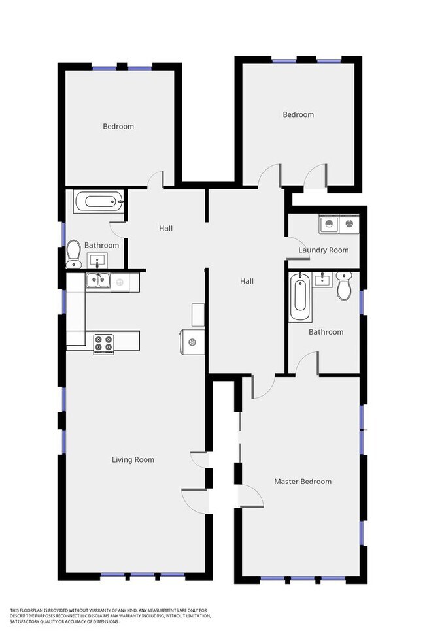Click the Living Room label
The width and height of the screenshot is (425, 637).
pos(133,460)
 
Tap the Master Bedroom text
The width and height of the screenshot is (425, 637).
pos(302,482)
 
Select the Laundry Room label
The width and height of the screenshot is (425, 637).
pos(323,250)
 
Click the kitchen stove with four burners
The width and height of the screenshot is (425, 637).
pos(104,343)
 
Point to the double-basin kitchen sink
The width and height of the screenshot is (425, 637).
pos(99,282)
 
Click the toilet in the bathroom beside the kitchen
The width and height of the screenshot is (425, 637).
pos(73,252)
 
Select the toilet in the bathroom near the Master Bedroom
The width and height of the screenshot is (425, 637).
pos(344,286)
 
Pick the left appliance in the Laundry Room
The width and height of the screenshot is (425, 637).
pos(328,224)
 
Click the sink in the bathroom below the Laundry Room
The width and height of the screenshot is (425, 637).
pos(322,280)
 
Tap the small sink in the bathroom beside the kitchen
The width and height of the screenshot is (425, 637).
pos(99,262)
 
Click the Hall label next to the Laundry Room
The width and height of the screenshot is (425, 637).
pos(246,281)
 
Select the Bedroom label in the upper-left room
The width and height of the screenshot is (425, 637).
pos(118,126)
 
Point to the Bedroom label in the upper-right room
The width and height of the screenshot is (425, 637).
pos(298,114)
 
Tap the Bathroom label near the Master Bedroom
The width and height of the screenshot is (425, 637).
pos(326,332)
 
